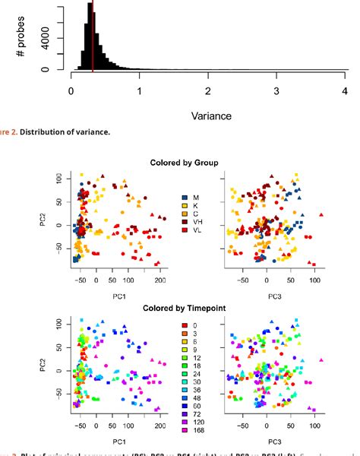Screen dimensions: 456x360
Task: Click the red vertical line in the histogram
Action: [x=93, y=38]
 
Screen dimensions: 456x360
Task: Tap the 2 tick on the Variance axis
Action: [x=208, y=90]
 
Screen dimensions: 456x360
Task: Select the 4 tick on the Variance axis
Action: [x=346, y=90]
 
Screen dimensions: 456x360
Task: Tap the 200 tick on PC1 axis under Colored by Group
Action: [x=160, y=280]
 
